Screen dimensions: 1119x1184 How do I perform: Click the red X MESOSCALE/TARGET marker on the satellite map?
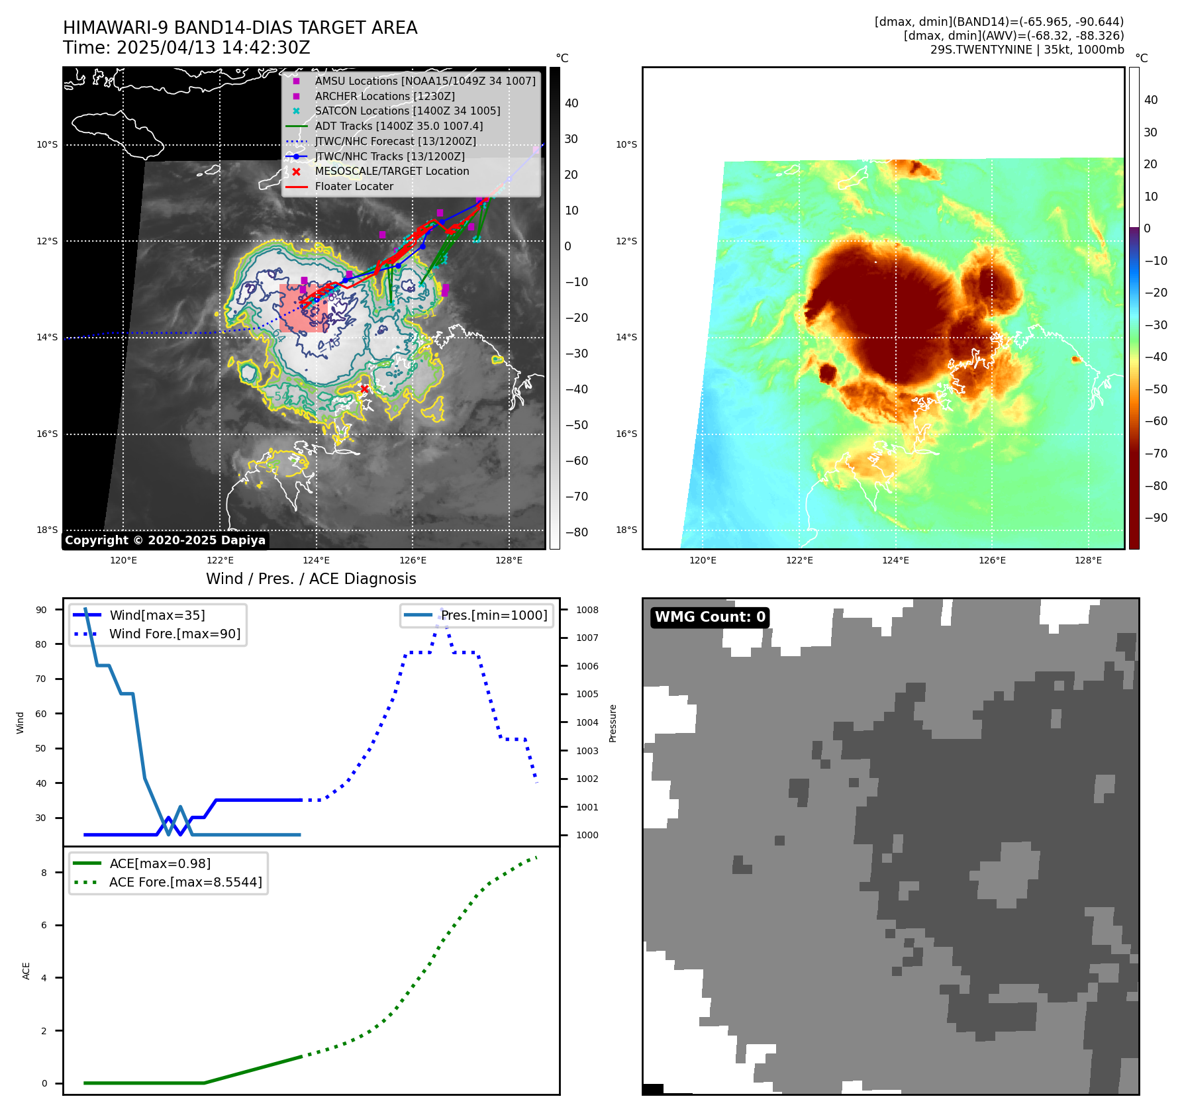(x=364, y=389)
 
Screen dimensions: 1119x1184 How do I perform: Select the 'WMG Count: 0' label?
(x=710, y=617)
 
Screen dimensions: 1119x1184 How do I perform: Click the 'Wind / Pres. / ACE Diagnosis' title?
(x=311, y=579)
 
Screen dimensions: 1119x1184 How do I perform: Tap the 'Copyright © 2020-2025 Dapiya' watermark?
(x=165, y=540)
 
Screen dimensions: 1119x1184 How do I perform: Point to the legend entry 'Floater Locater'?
(x=354, y=187)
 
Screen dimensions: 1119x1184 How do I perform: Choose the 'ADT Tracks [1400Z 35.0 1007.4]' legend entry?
(x=399, y=126)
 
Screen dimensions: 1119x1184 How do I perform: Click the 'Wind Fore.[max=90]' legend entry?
(x=175, y=634)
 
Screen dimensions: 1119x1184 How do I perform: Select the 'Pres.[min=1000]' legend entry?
(x=494, y=615)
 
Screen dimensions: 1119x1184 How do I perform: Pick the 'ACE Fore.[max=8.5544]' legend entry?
(x=185, y=882)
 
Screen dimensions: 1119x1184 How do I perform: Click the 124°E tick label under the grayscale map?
(x=316, y=560)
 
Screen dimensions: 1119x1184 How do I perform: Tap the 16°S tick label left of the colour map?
(x=626, y=434)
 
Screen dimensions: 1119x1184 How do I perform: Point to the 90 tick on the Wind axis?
(x=41, y=610)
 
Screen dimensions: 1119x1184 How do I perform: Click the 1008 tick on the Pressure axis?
(x=587, y=610)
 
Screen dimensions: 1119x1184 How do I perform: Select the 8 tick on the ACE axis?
(x=44, y=873)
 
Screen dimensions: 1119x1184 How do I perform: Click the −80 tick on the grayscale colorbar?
(x=576, y=532)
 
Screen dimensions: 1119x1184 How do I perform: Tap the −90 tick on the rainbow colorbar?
(x=1156, y=518)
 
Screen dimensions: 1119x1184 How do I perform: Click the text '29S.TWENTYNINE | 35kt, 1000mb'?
(x=1026, y=50)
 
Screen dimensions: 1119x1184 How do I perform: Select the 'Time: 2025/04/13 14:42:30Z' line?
(x=186, y=48)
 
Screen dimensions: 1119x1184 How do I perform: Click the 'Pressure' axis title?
(x=613, y=723)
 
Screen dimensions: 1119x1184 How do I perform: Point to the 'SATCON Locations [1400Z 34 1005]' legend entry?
(x=407, y=111)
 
